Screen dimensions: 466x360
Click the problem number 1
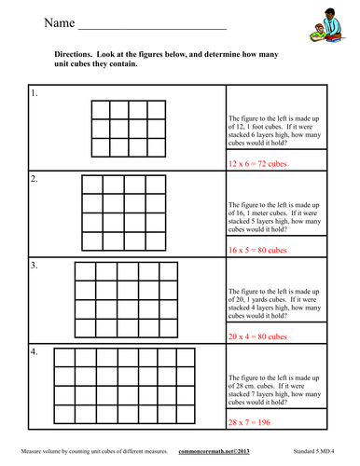pyautogui.click(x=35, y=95)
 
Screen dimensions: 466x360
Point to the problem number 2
pyautogui.click(x=35, y=177)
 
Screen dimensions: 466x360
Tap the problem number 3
pyautogui.click(x=35, y=266)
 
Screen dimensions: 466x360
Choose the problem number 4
pyautogui.click(x=35, y=353)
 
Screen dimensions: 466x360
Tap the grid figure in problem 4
pyautogui.click(x=125, y=386)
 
